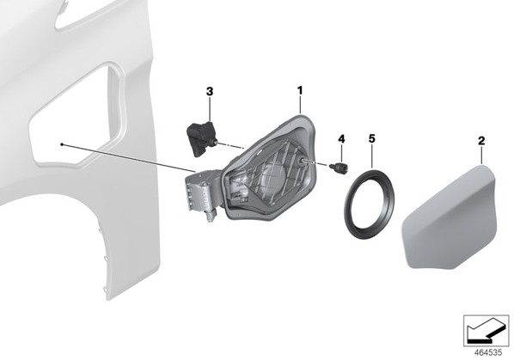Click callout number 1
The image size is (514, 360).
point(300,90)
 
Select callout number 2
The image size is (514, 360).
point(481,141)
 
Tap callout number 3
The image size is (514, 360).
point(210,91)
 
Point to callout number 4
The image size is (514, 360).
point(341,139)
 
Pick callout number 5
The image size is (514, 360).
point(371,138)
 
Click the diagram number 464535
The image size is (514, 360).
point(488,353)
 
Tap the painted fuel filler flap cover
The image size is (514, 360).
point(449,217)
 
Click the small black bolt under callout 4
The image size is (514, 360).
point(340,168)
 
